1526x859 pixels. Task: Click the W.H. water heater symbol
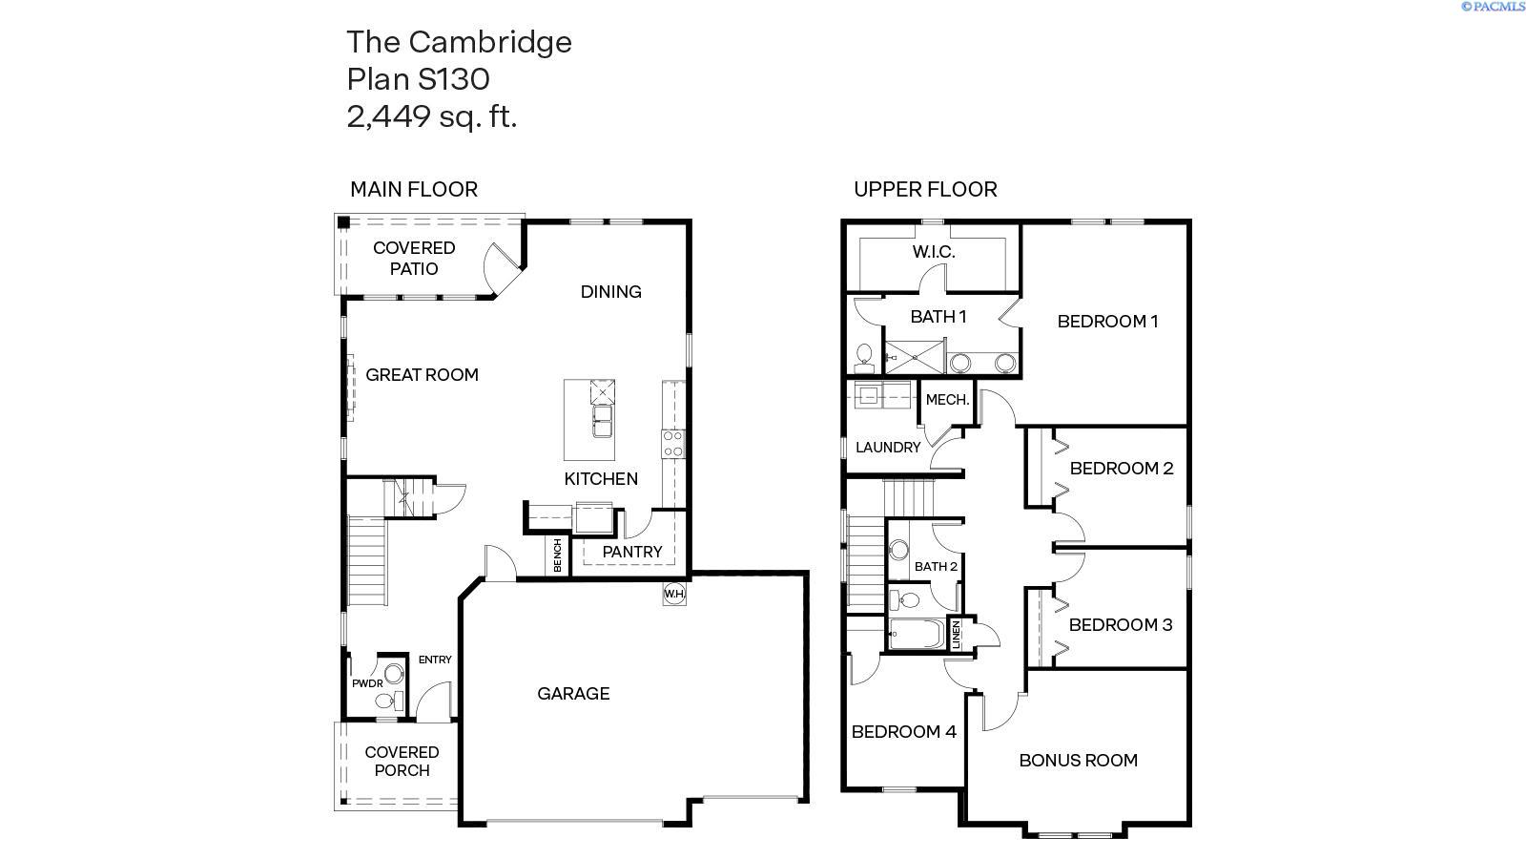click(674, 594)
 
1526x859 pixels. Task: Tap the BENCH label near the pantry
click(558, 555)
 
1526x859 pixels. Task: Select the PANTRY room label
click(632, 551)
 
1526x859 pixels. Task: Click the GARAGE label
click(573, 694)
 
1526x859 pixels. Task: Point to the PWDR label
click(367, 683)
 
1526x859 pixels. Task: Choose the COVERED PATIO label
click(414, 258)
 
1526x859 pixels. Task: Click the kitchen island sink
click(603, 421)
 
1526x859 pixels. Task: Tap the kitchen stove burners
click(672, 444)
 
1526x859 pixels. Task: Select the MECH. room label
click(947, 400)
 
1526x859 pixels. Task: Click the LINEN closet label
click(957, 636)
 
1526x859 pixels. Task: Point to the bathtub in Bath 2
click(916, 634)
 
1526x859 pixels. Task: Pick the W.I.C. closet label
click(934, 252)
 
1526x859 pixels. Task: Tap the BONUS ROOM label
click(1078, 761)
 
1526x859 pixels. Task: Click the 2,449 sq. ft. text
click(432, 116)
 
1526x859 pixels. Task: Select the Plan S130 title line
click(418, 78)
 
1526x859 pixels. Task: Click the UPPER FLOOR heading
click(925, 189)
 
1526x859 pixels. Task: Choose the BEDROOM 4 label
click(904, 732)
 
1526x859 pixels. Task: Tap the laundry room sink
click(869, 394)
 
